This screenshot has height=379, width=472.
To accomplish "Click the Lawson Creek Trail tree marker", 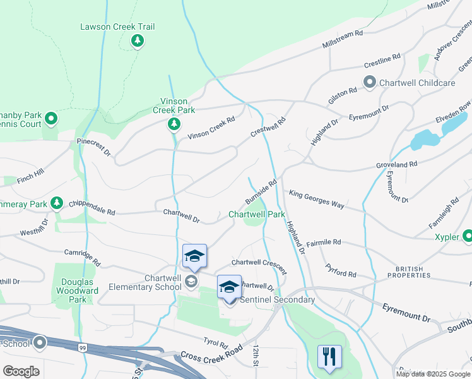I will click(137, 41).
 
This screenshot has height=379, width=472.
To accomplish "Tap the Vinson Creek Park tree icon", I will click(174, 124).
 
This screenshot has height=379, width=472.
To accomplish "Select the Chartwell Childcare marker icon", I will click(370, 83).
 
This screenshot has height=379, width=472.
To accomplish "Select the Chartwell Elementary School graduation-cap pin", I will click(194, 256).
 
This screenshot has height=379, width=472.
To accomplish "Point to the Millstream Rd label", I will click(343, 40).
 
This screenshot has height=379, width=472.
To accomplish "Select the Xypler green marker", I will click(468, 237).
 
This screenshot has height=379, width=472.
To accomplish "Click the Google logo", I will click(21, 371).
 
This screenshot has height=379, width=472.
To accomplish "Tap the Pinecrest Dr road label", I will click(93, 147).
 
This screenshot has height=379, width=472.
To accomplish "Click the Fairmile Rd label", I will click(323, 243).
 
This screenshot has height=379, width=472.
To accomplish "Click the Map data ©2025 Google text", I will click(433, 374).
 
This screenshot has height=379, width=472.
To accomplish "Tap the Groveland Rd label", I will click(397, 164).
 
